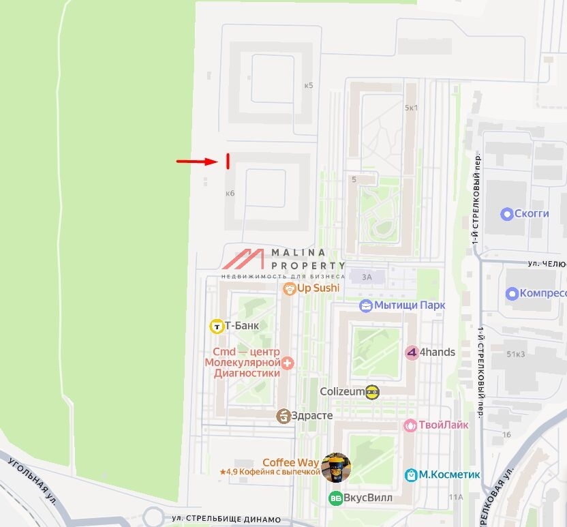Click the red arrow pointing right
197,162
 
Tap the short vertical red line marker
227,161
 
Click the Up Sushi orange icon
290,288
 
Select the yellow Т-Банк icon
217,326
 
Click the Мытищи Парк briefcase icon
366,305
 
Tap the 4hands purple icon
411,352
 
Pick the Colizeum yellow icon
372,391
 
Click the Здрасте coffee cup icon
283,416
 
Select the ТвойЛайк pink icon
410,425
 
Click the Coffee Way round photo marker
336,467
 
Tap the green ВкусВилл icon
335,498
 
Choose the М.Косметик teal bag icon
411,475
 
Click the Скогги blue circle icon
506,214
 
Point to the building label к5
309,85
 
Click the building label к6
230,194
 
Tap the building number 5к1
411,108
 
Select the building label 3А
367,277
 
